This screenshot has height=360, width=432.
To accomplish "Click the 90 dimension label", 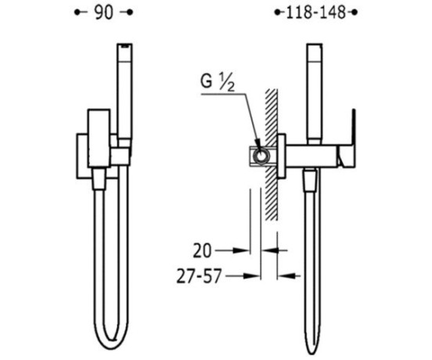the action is [x=103, y=13].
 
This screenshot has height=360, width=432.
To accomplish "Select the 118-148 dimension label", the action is [x=315, y=13].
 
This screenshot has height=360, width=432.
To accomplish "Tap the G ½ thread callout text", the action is [x=218, y=83].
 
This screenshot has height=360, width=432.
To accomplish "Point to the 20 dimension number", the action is [x=202, y=250].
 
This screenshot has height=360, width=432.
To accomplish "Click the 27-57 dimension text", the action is [x=199, y=276].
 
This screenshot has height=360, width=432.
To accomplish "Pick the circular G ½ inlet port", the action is [x=261, y=157].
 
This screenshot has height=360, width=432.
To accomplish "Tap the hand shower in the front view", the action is [x=124, y=91].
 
